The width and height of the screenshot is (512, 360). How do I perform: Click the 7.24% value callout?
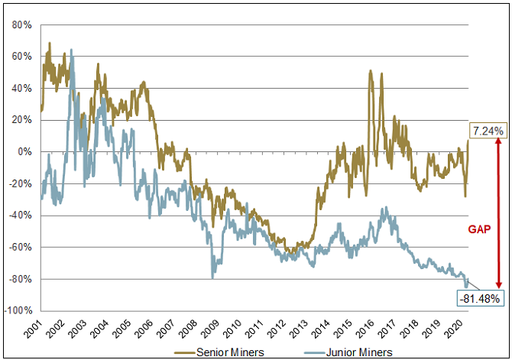(x=488, y=131)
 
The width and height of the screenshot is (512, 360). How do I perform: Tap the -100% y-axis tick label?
(x=18, y=310)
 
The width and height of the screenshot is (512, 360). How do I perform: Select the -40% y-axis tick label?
(x=20, y=215)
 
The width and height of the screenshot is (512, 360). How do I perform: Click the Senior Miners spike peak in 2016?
(x=371, y=71)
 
